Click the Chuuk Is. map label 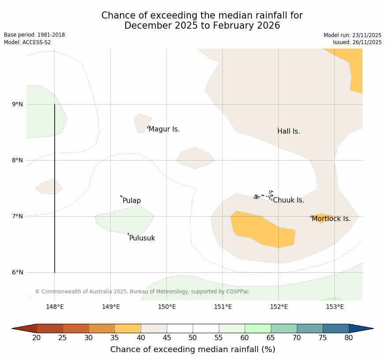click(288, 200)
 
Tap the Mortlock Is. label click(331, 219)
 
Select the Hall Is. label click(288, 131)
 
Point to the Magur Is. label click(164, 129)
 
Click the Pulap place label click(131, 201)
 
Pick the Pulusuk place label click(142, 238)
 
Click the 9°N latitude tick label click(18, 105)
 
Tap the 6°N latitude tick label click(18, 273)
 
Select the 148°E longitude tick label click(55, 307)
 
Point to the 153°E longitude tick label click(335, 307)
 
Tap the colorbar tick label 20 click(37, 338)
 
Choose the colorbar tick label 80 click(349, 338)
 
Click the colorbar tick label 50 click(193, 338)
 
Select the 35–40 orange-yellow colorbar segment click(128, 328)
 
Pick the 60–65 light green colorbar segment click(258, 328)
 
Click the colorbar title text click(193, 349)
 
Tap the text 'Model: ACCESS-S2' click(27, 42)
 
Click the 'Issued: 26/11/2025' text click(357, 42)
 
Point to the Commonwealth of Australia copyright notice click(142, 292)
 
